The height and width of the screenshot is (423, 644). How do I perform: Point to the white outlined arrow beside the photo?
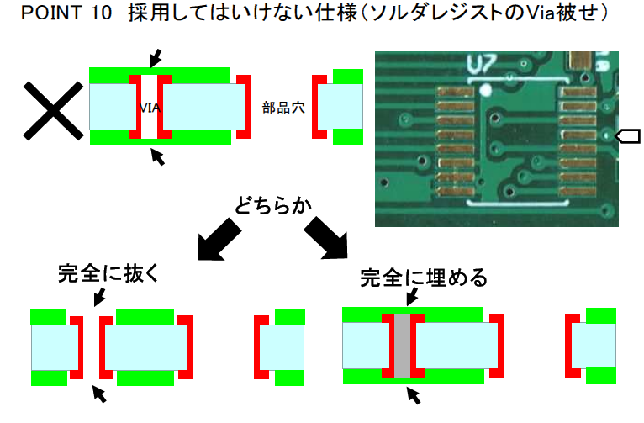(x=628, y=135)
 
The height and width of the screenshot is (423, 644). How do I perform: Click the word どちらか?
(x=273, y=204)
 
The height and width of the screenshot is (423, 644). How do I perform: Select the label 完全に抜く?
(x=108, y=273)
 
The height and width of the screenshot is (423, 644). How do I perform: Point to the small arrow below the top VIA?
(x=156, y=156)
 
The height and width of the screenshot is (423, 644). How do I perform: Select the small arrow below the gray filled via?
(x=413, y=394)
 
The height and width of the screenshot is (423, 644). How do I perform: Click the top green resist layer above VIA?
(x=160, y=74)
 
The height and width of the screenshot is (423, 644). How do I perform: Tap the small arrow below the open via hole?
(x=99, y=393)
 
